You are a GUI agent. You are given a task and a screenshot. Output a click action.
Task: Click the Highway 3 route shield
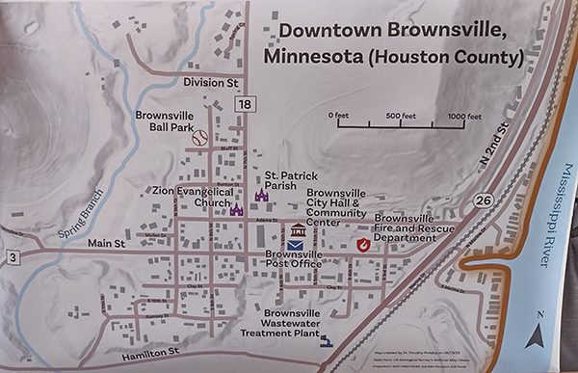11,256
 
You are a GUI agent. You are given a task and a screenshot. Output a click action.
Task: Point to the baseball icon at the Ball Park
200,139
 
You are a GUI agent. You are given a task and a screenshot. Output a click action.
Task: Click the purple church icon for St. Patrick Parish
260,195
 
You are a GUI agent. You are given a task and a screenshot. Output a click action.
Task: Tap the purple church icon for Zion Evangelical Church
237,209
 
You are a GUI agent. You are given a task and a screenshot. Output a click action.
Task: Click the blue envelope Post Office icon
295,246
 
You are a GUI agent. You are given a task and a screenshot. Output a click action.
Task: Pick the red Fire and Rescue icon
363,245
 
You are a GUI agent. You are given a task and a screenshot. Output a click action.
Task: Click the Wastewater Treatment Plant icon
328,340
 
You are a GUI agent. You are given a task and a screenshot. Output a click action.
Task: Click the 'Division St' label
211,83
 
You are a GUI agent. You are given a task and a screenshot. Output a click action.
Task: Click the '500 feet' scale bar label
400,116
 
